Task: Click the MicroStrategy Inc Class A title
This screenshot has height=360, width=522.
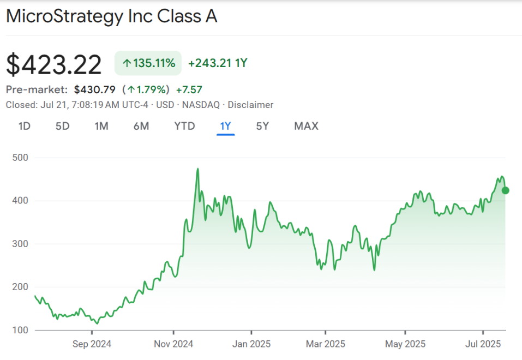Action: coord(112,16)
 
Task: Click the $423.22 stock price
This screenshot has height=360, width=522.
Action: coord(54,65)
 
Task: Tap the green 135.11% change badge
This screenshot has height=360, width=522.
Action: coord(148,63)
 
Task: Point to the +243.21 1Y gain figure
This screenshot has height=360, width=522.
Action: coord(218,63)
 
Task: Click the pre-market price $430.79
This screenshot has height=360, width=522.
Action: coord(94,89)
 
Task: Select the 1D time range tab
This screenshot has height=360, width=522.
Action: coord(24,127)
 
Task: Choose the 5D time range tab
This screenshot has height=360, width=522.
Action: coord(63,127)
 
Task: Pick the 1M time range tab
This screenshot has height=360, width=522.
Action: coord(101,127)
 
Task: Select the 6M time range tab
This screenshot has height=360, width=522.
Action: coord(141,127)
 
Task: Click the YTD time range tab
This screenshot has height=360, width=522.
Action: coord(184,127)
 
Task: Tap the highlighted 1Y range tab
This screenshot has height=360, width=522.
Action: coord(226,127)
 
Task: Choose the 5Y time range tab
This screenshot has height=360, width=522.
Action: coord(263,127)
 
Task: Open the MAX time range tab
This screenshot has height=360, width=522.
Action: coord(306,127)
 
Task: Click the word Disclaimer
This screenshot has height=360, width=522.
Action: coord(250,105)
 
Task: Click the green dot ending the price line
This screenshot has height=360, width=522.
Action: coord(505,190)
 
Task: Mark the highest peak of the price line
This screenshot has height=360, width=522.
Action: coord(197,169)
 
